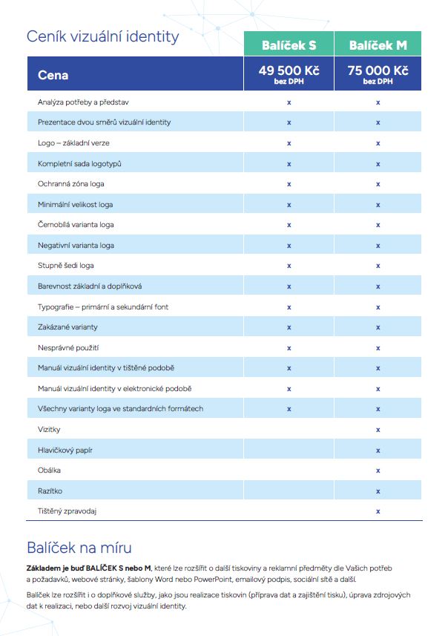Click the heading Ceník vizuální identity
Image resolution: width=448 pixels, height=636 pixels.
(x=102, y=36)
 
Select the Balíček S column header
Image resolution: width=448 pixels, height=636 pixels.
(x=289, y=45)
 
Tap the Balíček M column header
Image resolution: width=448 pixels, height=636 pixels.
(x=378, y=45)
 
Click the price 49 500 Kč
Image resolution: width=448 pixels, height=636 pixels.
(x=289, y=71)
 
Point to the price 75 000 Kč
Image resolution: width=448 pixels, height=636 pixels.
(x=378, y=71)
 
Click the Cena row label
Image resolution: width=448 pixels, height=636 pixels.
(x=53, y=75)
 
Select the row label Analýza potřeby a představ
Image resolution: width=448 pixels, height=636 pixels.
(x=83, y=102)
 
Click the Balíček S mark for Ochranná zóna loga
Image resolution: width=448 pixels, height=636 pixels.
(x=289, y=183)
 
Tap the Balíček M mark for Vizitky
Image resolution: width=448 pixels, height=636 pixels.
(x=378, y=430)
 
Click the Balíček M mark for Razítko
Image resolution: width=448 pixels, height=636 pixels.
(x=378, y=491)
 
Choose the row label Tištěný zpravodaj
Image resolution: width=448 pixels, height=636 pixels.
(x=67, y=511)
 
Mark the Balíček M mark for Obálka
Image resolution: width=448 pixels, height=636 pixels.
(x=378, y=471)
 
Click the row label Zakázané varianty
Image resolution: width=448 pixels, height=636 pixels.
(x=67, y=327)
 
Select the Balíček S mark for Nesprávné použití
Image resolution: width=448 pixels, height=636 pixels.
(x=289, y=347)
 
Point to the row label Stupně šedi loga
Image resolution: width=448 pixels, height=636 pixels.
(x=66, y=265)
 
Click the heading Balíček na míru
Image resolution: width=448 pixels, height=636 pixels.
(x=79, y=548)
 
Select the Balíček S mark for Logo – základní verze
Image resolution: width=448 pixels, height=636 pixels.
(x=289, y=142)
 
